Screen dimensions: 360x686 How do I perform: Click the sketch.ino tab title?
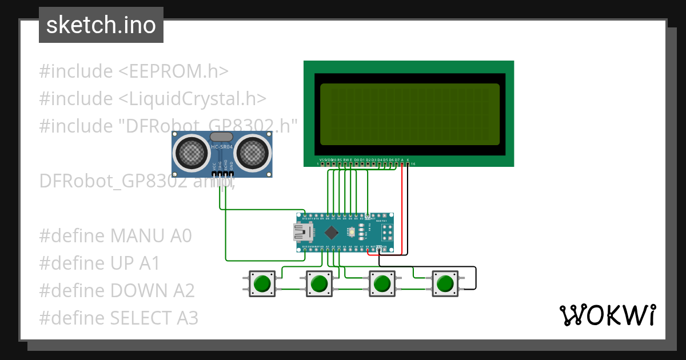click(101, 26)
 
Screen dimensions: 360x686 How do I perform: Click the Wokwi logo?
click(607, 315)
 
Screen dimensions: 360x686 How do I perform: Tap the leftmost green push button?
click(262, 283)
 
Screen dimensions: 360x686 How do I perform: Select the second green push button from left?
click(319, 283)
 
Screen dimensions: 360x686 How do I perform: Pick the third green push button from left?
click(381, 283)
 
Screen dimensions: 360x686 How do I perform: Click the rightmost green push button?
click(444, 283)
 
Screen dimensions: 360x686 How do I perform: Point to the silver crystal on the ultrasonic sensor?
click(221, 137)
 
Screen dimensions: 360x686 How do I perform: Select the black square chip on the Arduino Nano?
click(332, 232)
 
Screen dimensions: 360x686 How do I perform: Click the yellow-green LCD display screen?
click(409, 114)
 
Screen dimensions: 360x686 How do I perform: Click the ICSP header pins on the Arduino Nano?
click(386, 232)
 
